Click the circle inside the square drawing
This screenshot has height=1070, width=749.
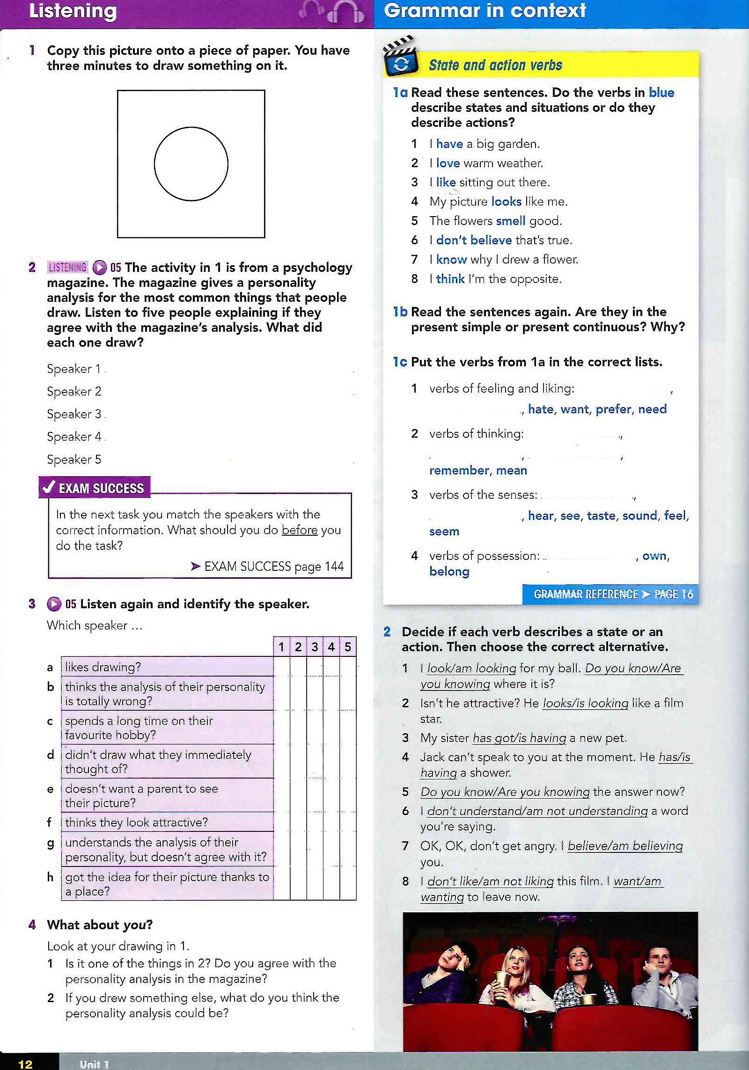191,164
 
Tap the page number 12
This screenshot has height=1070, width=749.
25,1064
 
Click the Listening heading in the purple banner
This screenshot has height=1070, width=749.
73,11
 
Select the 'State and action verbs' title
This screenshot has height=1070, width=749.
495,65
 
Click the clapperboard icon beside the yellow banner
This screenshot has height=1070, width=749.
400,58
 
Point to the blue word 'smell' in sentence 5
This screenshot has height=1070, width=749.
510,221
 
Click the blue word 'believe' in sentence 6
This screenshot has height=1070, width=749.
491,240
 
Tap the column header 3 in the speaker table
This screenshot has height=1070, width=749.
315,647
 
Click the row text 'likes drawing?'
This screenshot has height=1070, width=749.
103,667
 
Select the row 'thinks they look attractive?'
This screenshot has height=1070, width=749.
136,823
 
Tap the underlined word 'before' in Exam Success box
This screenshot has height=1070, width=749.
299,530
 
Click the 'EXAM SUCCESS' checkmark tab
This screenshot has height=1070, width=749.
94,488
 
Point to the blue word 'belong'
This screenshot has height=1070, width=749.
449,571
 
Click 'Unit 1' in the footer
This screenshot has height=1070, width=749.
94,1064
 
